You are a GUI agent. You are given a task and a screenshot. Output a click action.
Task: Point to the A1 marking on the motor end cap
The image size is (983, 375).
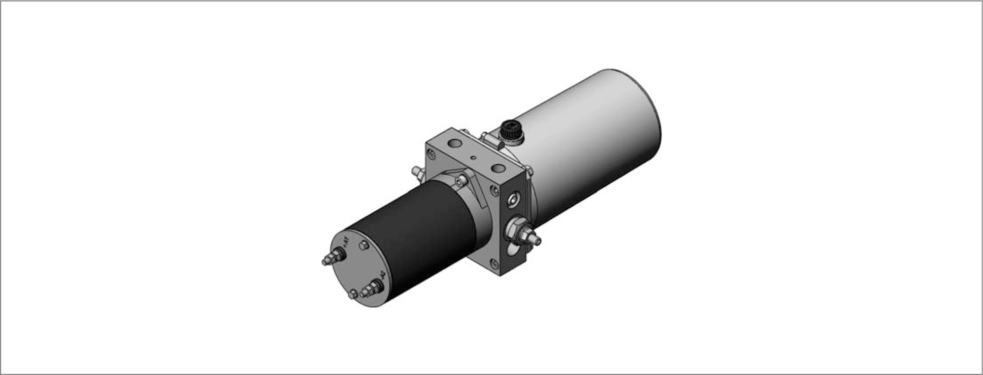(x=346, y=242)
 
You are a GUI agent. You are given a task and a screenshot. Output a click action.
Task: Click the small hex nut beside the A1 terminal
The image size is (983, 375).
(x=363, y=245)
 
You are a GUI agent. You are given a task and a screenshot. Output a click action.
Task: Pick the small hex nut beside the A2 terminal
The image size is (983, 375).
(x=353, y=294)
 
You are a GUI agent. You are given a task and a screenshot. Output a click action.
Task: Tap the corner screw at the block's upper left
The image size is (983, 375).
(x=431, y=154)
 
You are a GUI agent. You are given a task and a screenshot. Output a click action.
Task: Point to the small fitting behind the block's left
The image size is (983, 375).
(x=416, y=171)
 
